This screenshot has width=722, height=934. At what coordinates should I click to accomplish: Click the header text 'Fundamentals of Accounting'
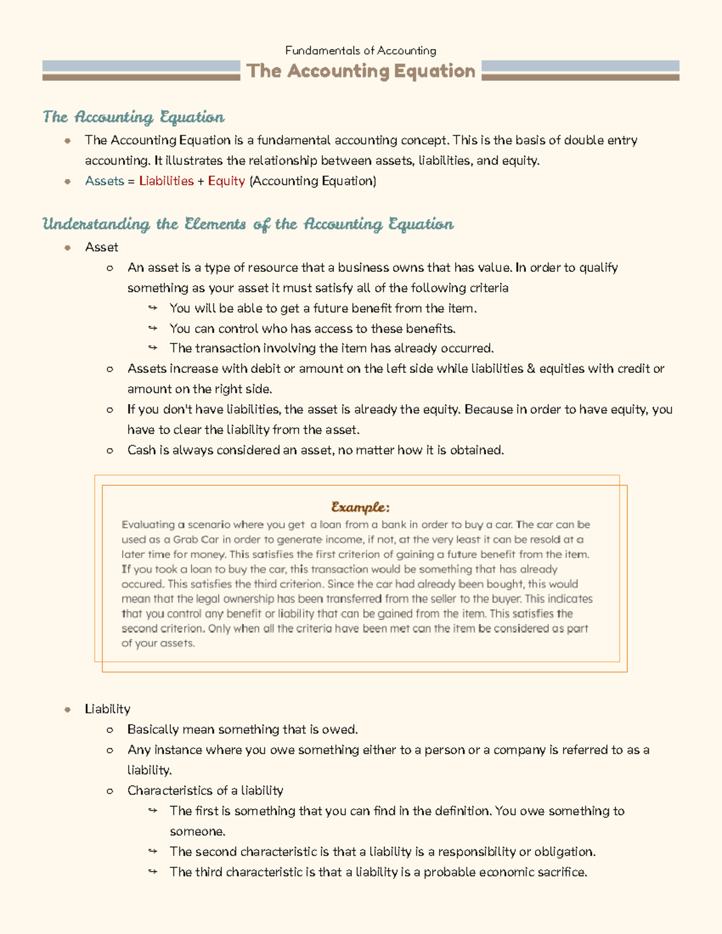tap(360, 51)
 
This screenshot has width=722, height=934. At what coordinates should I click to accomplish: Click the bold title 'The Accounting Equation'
tap(361, 71)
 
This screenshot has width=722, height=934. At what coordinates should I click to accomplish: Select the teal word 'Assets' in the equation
tap(104, 181)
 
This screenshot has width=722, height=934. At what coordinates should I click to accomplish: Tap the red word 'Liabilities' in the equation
tap(166, 181)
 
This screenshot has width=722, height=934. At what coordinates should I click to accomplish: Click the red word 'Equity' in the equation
tap(226, 181)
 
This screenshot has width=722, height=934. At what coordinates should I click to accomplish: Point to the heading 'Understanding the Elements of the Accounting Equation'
tap(248, 224)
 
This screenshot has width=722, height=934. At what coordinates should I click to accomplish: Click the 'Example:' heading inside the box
tap(360, 507)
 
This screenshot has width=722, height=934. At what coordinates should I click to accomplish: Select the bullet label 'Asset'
tap(102, 247)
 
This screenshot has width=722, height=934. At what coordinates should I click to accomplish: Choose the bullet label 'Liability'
tap(107, 709)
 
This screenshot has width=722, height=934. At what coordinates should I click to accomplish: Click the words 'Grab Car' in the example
tap(196, 539)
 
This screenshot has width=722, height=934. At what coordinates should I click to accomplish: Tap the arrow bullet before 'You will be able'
tap(153, 309)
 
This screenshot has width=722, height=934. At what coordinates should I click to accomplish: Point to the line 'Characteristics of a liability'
tap(205, 790)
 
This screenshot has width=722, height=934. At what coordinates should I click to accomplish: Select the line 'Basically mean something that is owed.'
tap(242, 730)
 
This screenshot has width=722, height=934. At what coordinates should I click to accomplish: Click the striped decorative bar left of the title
tap(141, 70)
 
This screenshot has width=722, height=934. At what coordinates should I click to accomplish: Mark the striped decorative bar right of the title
tap(581, 70)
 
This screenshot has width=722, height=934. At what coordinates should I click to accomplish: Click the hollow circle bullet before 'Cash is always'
tap(110, 450)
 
